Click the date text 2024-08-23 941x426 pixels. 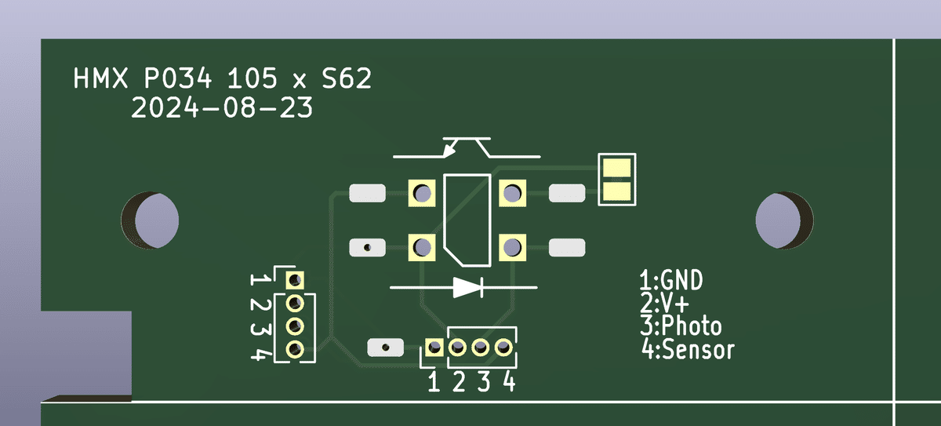coord(222,108)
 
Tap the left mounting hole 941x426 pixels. coord(149,219)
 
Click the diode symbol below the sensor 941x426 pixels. coord(467,287)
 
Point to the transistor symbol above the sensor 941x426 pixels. coord(467,148)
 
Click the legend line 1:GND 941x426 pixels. coord(671,280)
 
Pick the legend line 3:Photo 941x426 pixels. coord(681,326)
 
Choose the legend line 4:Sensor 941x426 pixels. coord(688,349)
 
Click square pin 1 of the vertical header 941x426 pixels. coord(296,279)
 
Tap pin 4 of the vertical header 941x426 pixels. coord(296,348)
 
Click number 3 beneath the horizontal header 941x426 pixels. coord(484,383)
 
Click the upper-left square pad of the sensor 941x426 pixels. coord(422,193)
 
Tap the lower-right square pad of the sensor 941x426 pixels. coord(511,247)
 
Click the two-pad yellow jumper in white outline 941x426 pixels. coord(618,180)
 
